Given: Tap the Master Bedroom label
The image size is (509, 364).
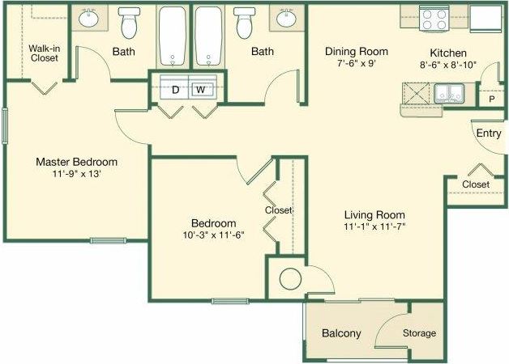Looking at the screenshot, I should [77, 161].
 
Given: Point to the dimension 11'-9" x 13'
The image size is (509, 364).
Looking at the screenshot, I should [77, 174].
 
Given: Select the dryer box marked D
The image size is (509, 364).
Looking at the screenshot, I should [175, 89].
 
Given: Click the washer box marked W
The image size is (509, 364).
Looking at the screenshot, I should [200, 89].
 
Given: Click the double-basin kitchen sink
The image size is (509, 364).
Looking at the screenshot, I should [447, 95].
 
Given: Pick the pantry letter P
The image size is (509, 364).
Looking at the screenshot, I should [491, 99].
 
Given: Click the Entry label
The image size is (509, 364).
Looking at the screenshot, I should [489, 133].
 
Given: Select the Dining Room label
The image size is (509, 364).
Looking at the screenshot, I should [351, 51].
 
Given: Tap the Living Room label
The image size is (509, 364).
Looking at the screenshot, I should [374, 214].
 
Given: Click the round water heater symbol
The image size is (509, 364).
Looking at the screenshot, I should [290, 280].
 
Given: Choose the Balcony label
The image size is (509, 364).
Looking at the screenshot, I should [341, 333].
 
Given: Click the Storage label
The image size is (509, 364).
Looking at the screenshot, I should [420, 333].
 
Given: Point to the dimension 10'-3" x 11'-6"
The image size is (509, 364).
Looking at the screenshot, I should [214, 235].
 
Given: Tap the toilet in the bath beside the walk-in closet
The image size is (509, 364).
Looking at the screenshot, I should [128, 24].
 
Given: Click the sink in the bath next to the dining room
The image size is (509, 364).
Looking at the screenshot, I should [286, 18].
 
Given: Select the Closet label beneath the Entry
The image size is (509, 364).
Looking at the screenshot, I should [476, 184].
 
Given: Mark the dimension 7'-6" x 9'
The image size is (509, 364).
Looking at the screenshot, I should [351, 64].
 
